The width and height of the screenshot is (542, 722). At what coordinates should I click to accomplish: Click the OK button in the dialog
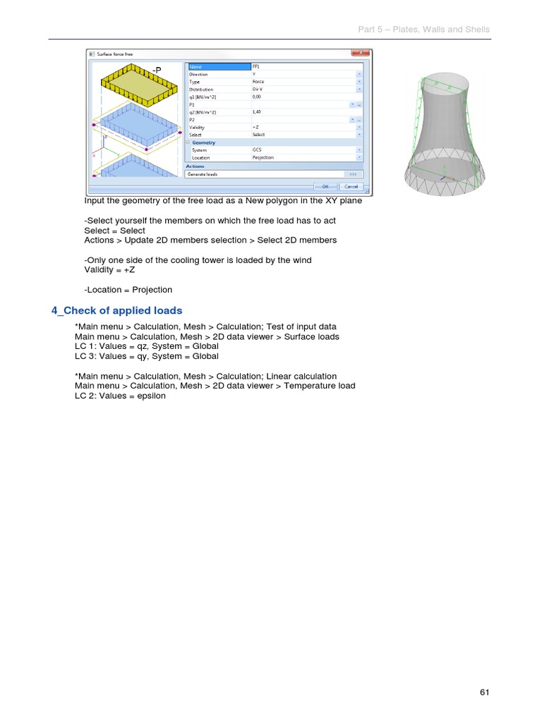[325, 186]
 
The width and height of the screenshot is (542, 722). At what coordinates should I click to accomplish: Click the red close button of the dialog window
[360, 53]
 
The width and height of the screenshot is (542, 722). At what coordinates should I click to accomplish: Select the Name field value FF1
[257, 66]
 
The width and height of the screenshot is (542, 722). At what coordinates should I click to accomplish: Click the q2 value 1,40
[258, 112]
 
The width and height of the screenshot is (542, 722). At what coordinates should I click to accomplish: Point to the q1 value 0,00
[258, 97]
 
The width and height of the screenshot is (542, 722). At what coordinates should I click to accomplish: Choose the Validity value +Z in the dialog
[257, 127]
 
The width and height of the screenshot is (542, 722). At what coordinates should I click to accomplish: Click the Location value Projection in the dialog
[263, 157]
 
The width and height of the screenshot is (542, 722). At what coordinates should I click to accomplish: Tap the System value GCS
[258, 149]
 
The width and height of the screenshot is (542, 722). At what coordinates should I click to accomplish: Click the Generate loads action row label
[203, 173]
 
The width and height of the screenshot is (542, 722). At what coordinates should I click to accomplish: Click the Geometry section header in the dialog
[204, 142]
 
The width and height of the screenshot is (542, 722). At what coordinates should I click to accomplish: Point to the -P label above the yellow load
[157, 71]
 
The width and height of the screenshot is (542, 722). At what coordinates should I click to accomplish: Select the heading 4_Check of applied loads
[117, 310]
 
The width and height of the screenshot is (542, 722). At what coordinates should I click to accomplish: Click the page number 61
[484, 692]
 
